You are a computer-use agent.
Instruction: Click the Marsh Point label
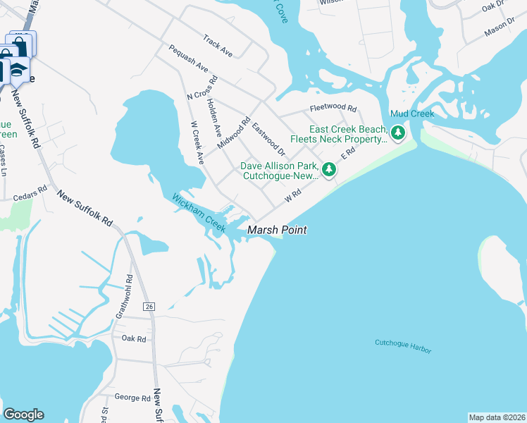pos(276,230)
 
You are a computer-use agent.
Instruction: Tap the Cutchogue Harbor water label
pos(403,346)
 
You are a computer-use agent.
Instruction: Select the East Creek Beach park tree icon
pos(398,133)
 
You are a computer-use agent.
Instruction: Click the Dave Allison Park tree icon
pos(328,169)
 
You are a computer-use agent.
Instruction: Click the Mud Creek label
pos(412,114)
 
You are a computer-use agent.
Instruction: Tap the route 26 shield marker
pos(149,307)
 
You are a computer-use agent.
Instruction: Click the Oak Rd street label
pos(133,339)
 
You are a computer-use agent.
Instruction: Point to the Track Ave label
pos(217,44)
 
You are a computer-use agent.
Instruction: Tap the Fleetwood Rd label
pos(334,109)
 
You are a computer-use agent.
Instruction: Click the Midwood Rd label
pos(235,133)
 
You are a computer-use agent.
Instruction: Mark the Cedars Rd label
pos(29,189)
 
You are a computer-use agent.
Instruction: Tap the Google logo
pos(23,415)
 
